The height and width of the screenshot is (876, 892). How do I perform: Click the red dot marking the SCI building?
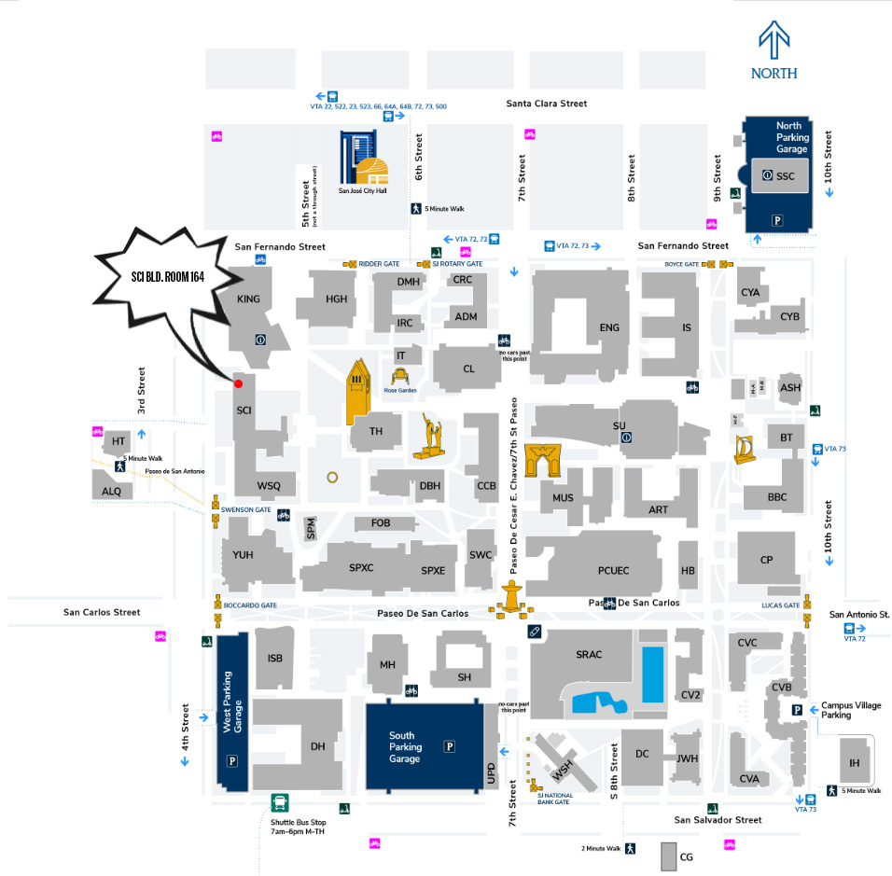[x=238, y=383]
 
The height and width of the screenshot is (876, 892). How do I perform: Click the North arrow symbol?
[x=774, y=42]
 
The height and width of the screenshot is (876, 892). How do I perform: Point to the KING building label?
[x=249, y=299]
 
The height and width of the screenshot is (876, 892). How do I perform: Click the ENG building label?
[x=609, y=327]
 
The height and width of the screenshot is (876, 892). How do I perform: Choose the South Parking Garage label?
[x=406, y=747]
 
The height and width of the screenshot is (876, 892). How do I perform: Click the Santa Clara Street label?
[x=547, y=104]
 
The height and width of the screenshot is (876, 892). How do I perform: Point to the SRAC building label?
[x=589, y=655]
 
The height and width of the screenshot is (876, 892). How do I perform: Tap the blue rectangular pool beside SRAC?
[x=653, y=674]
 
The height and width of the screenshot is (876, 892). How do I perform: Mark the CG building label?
[x=687, y=856]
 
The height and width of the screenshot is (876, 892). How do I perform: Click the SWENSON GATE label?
[x=246, y=510]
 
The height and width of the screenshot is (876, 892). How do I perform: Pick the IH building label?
[x=854, y=764]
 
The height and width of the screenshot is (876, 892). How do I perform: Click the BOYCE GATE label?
[x=681, y=264]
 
